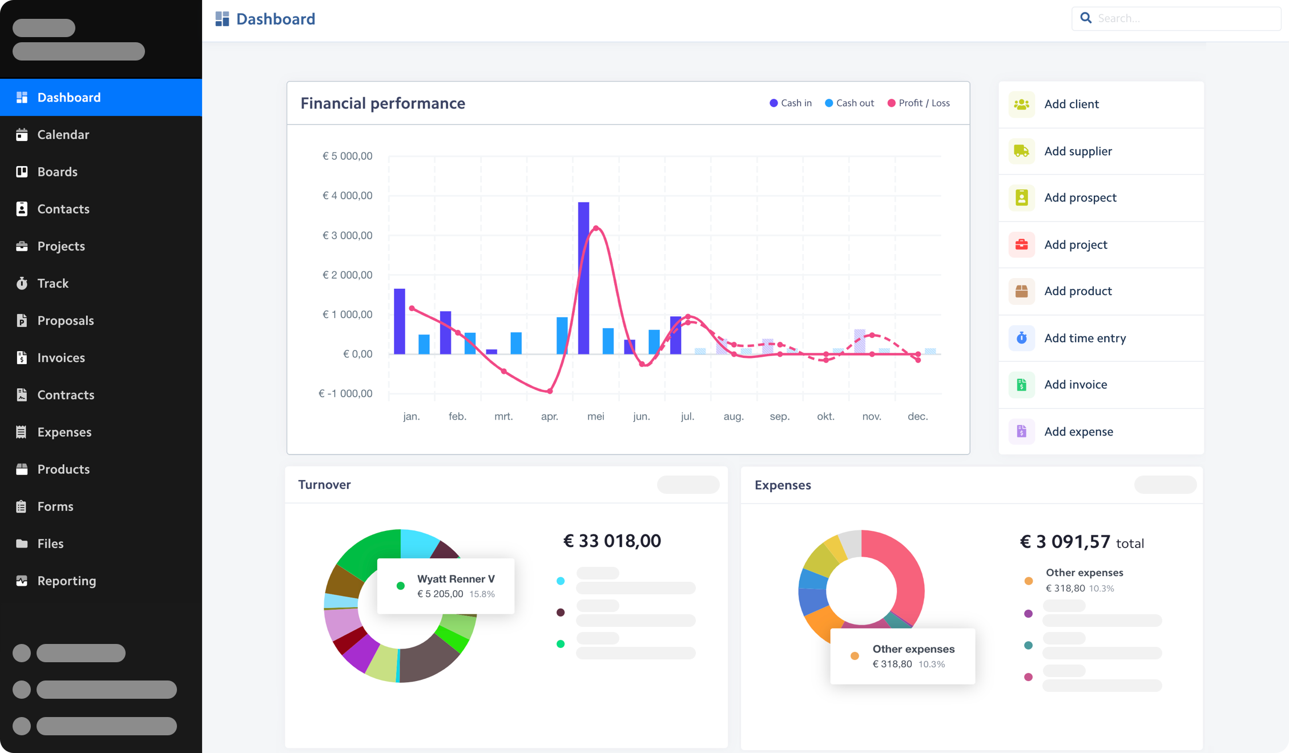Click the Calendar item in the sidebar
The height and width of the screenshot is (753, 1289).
point(63,135)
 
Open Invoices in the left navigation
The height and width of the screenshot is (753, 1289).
point(61,358)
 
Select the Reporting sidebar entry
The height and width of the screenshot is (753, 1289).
point(66,581)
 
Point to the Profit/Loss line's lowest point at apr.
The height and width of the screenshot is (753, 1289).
point(550,391)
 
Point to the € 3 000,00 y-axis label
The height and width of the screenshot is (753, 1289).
point(347,235)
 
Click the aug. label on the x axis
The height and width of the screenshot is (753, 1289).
point(733,417)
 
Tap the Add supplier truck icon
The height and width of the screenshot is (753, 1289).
point(1021,151)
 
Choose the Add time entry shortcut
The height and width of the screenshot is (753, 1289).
point(1085,338)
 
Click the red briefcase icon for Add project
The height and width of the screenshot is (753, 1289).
point(1021,244)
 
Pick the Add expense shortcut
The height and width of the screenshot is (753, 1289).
point(1078,432)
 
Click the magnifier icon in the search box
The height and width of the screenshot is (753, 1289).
point(1086,18)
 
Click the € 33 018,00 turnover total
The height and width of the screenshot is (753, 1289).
point(612,541)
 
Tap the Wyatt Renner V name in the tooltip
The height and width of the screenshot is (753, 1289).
point(456,579)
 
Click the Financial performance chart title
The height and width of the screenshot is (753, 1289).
point(382,103)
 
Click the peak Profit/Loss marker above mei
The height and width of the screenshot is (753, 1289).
point(596,228)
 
